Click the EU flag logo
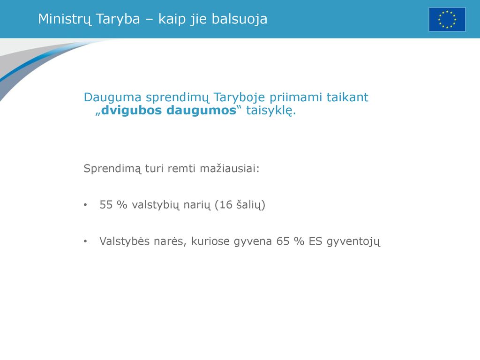point(447,19)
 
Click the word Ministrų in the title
point(65,19)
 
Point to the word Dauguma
point(112,97)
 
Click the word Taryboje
point(239,98)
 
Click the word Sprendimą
point(112,169)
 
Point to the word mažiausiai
point(229,168)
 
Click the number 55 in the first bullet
point(106,205)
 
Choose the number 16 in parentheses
point(226,205)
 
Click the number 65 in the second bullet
point(283,241)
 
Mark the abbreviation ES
point(315,241)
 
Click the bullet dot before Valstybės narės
point(85,241)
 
